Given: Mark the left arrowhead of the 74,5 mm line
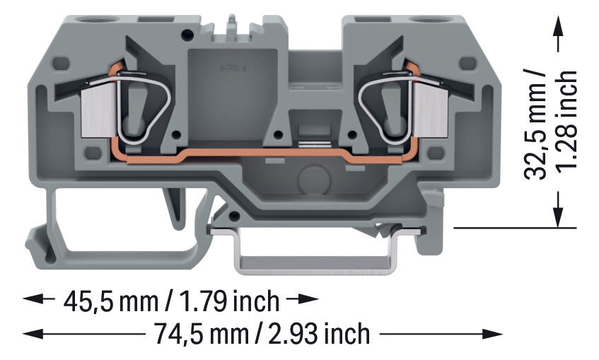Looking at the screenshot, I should click(31, 333).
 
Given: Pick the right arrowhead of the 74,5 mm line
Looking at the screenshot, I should click(494, 333).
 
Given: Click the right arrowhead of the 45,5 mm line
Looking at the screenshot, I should click(310, 300).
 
